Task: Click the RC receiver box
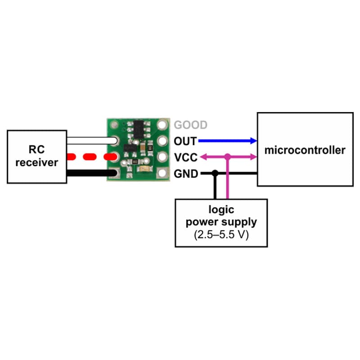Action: point(36,156)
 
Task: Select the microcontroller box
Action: point(305,149)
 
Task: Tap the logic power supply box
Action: point(220,222)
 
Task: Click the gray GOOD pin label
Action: point(191,125)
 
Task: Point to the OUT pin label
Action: point(185,141)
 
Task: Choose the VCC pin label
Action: point(185,157)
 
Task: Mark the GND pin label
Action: point(186,173)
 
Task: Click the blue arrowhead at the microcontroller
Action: point(253,141)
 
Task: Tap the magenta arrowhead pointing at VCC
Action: point(202,157)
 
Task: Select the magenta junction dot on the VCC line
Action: point(228,157)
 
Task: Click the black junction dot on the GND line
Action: point(216,173)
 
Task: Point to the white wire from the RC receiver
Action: point(90,140)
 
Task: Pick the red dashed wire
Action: point(90,157)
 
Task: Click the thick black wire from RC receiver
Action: point(90,173)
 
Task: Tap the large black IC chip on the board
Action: point(139,129)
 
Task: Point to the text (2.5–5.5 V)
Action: point(220,234)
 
